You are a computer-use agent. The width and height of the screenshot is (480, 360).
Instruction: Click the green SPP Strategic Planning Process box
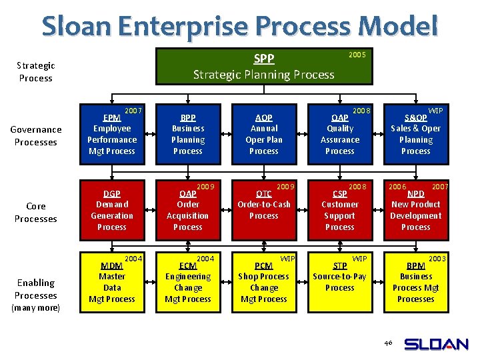pyautogui.click(x=263, y=66)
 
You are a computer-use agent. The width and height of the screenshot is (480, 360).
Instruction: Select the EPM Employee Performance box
pyautogui.click(x=112, y=134)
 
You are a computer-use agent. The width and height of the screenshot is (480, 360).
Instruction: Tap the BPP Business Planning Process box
pyautogui.click(x=188, y=134)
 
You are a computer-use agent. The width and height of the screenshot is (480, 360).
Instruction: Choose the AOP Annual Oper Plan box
pyautogui.click(x=264, y=134)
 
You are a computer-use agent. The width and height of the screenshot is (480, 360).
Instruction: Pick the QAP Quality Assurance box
pyautogui.click(x=340, y=134)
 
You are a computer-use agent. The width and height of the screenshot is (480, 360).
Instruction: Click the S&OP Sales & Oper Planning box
pyautogui.click(x=416, y=134)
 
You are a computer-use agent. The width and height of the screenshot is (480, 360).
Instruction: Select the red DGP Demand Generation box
pyautogui.click(x=112, y=210)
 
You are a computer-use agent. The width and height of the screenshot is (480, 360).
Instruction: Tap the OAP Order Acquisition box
pyautogui.click(x=188, y=210)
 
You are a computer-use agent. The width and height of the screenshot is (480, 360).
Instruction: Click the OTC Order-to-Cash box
pyautogui.click(x=264, y=210)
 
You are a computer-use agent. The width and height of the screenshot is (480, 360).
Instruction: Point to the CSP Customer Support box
pyautogui.click(x=340, y=210)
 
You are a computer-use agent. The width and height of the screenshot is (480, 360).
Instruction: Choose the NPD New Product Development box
pyautogui.click(x=416, y=210)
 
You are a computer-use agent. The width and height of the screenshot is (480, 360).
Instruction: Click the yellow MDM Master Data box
pyautogui.click(x=112, y=282)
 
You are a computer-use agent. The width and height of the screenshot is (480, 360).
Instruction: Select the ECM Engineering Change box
pyautogui.click(x=188, y=282)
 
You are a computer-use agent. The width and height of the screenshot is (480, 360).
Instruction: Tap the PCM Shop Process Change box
pyautogui.click(x=264, y=282)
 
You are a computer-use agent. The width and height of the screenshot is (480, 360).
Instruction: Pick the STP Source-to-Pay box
pyautogui.click(x=340, y=282)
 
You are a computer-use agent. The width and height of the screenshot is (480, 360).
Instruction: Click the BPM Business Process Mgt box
pyautogui.click(x=416, y=282)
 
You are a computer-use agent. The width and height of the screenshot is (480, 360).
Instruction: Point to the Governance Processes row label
pyautogui.click(x=36, y=136)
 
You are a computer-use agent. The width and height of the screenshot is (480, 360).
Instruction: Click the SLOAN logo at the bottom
pyautogui.click(x=436, y=344)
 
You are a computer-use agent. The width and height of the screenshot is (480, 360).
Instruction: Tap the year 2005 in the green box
pyautogui.click(x=357, y=55)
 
